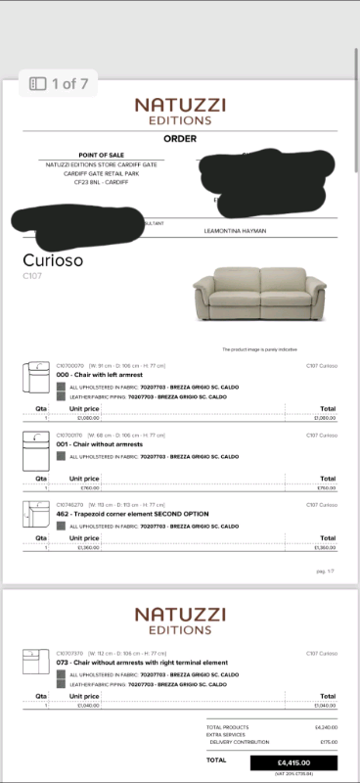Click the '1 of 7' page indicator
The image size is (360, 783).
pos(60,84)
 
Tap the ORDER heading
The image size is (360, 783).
pos(180,139)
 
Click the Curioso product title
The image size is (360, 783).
pos(53,260)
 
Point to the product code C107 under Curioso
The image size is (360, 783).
pos(31,277)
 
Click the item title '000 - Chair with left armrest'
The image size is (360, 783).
pos(102,375)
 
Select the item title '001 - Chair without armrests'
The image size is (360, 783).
pos(99,442)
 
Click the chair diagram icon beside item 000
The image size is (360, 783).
pos(37,376)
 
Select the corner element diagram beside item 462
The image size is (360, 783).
pos(37,512)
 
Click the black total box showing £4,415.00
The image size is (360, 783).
pos(293,761)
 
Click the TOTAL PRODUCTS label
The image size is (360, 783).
pos(227,728)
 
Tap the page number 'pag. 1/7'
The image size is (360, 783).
pos(326,571)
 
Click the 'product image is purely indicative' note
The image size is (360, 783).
pos(259,348)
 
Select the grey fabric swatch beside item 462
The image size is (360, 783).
pos(62,526)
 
